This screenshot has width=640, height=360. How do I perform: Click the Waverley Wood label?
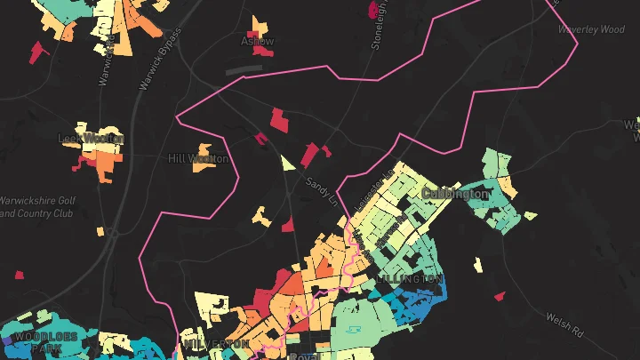tap(590, 29)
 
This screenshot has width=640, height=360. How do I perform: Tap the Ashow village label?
tap(257, 41)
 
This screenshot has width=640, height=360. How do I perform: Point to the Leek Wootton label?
tap(91, 138)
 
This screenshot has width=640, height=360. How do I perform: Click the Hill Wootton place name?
tap(198, 158)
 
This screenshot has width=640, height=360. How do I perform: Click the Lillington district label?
tap(409, 278)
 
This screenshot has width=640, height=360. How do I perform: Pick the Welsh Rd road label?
tap(564, 325)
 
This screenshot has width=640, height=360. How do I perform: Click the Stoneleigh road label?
tap(379, 24)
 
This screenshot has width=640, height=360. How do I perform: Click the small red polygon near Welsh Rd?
tap(500, 296)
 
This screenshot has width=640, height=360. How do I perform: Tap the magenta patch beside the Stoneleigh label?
tap(371, 10)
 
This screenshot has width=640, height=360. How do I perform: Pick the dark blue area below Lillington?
tap(418, 302)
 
